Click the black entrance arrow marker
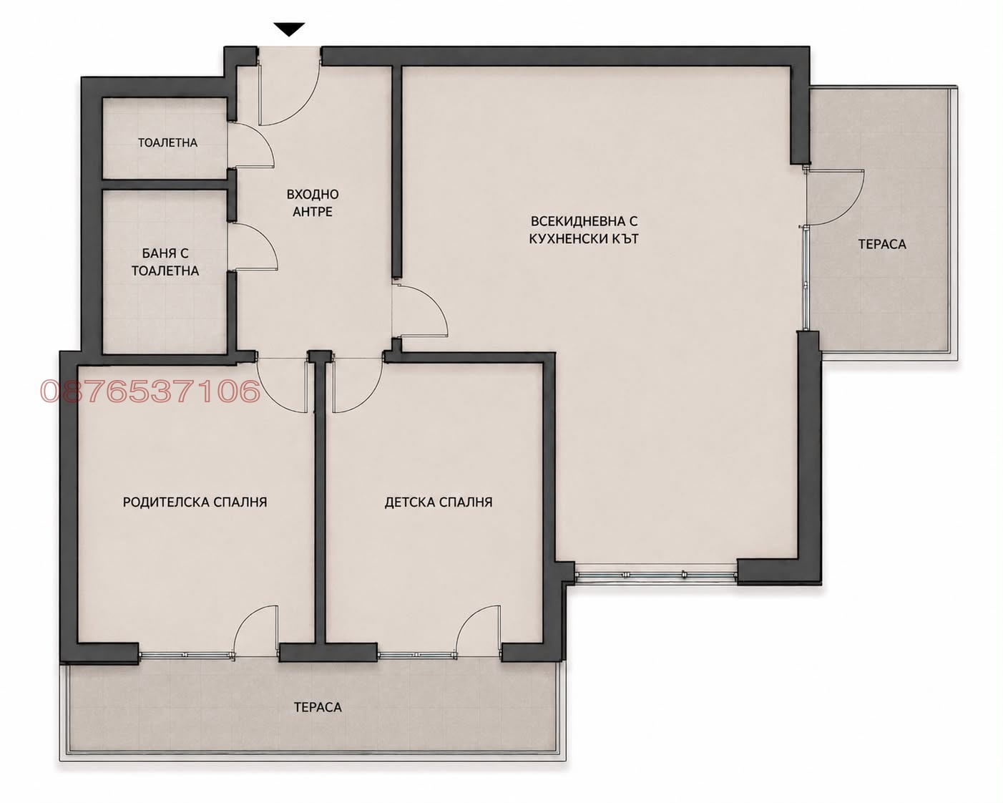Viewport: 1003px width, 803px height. tap(289, 29)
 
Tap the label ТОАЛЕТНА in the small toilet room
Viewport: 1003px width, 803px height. tap(168, 142)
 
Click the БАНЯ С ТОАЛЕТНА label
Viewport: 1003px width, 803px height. tap(165, 262)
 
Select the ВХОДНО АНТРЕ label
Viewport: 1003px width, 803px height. tap(312, 203)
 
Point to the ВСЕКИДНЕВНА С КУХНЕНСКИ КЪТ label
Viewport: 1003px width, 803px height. tap(584, 230)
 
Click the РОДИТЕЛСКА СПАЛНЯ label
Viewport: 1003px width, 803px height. tap(195, 502)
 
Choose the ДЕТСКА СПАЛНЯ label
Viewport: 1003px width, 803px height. tap(439, 502)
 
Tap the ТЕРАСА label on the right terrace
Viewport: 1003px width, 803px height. tap(882, 244)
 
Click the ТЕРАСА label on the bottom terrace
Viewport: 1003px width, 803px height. tap(318, 707)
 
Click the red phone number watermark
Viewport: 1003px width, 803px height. tap(150, 391)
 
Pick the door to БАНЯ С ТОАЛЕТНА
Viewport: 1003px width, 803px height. tap(253, 247)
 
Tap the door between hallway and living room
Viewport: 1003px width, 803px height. tap(419, 311)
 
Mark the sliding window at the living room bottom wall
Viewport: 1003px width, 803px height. tap(656, 576)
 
